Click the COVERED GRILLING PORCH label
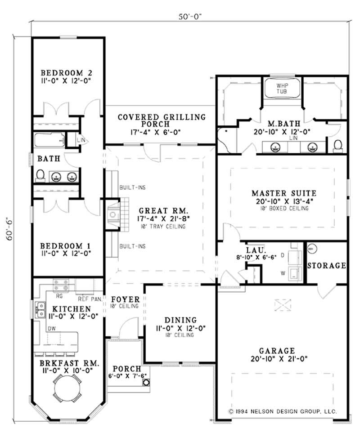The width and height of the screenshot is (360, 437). [x=161, y=120]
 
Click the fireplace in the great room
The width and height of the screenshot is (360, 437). [x=113, y=214]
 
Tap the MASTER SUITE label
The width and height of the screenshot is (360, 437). [x=283, y=193]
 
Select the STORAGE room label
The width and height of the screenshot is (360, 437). [x=327, y=266]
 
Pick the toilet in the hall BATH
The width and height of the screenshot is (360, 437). [x=40, y=175]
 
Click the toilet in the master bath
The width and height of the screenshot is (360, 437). [x=338, y=144]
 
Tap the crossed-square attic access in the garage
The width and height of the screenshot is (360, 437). [x=283, y=305]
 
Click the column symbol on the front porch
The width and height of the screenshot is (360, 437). [x=146, y=383]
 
